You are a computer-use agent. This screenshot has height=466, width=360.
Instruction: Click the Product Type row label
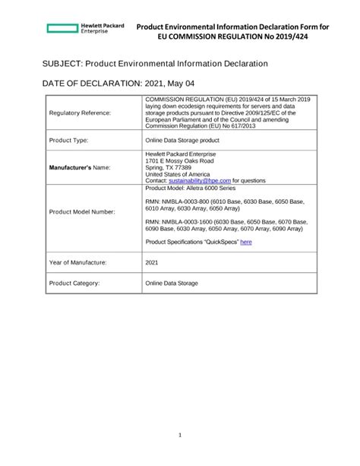tap(70, 141)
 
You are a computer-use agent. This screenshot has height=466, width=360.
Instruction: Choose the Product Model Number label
tap(82, 211)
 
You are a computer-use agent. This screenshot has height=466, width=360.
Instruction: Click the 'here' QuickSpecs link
tap(246, 242)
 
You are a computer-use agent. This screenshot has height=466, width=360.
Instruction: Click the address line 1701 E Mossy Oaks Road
tap(179, 161)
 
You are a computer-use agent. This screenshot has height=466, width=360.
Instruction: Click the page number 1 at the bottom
tap(180, 435)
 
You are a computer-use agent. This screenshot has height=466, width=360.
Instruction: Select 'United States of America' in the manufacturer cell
tap(177, 174)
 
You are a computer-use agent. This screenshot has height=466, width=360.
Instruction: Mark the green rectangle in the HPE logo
tap(62, 28)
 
